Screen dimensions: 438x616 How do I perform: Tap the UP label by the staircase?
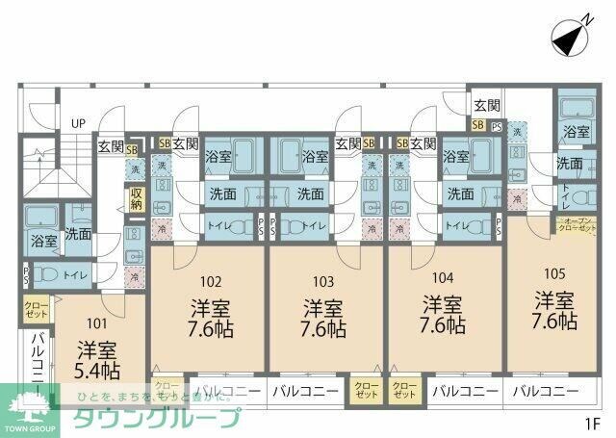point(78,123)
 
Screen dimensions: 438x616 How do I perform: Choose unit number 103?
point(324,282)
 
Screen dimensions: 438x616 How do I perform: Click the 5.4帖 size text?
point(98,369)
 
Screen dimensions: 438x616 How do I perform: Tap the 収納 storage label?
point(136,198)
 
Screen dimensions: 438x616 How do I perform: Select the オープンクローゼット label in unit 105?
point(577,226)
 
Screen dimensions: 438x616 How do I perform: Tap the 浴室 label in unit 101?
point(42,240)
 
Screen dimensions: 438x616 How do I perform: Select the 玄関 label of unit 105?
point(486,105)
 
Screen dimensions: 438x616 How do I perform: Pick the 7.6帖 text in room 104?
point(444,327)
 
